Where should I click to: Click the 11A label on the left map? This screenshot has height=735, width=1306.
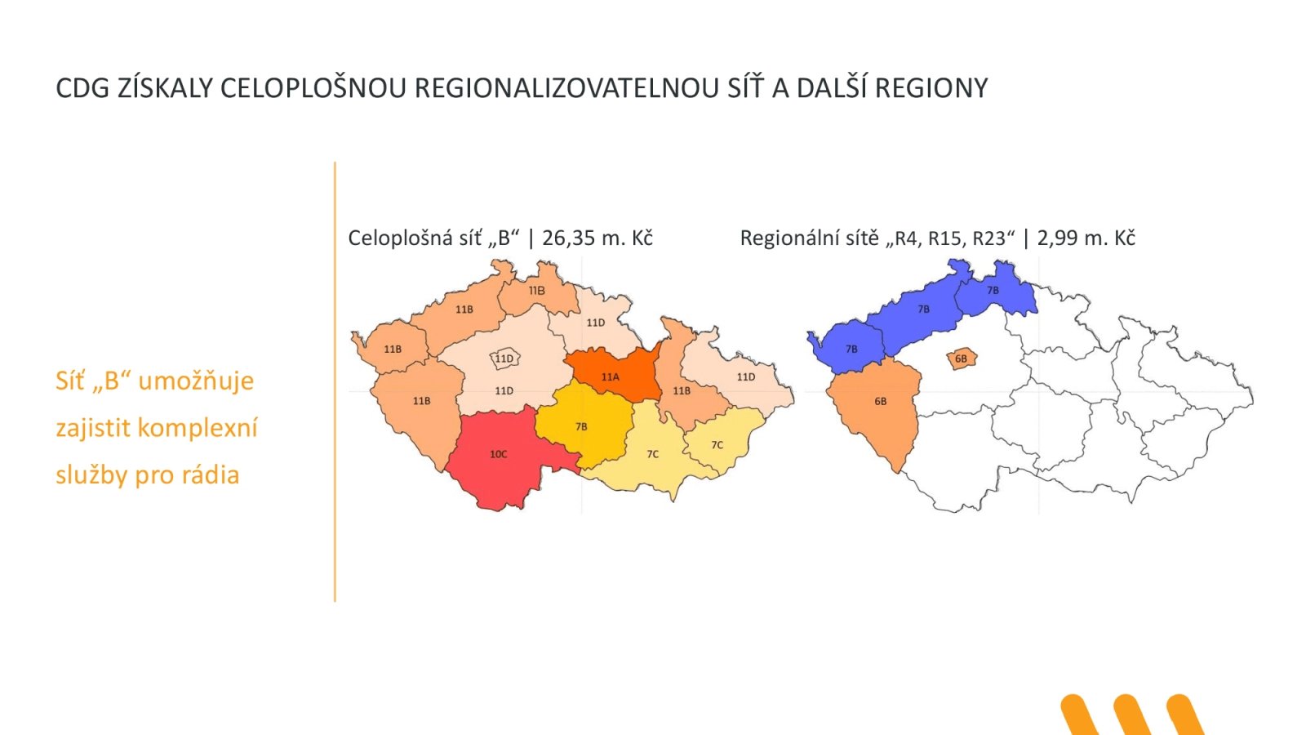click(610, 377)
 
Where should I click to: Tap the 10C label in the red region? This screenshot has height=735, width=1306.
click(498, 454)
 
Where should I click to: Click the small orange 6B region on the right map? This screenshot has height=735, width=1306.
click(961, 359)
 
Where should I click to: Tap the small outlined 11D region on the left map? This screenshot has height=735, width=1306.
click(504, 359)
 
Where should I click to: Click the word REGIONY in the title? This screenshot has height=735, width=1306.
click(931, 88)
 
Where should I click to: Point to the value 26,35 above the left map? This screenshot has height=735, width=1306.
click(568, 238)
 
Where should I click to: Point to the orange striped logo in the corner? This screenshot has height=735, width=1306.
click(1131, 714)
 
